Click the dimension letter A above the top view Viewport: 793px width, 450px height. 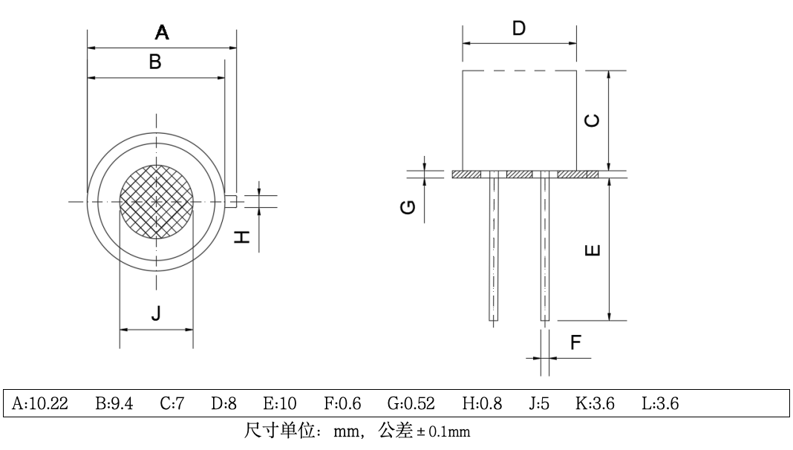(162, 33)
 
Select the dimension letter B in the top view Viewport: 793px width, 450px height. (155, 62)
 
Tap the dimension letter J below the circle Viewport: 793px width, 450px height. (156, 314)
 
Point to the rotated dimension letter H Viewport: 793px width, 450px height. (242, 239)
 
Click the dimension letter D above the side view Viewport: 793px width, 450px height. (519, 29)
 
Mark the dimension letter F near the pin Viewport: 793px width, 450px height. (575, 342)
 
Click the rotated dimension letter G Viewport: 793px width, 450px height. (408, 206)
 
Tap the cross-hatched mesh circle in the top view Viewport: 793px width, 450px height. (157, 201)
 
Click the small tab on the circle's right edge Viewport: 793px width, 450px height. (231, 200)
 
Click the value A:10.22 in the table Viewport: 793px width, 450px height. (42, 404)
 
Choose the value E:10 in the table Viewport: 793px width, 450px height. (280, 404)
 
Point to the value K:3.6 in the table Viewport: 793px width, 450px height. (595, 404)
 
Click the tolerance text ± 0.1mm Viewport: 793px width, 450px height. (446, 431)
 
